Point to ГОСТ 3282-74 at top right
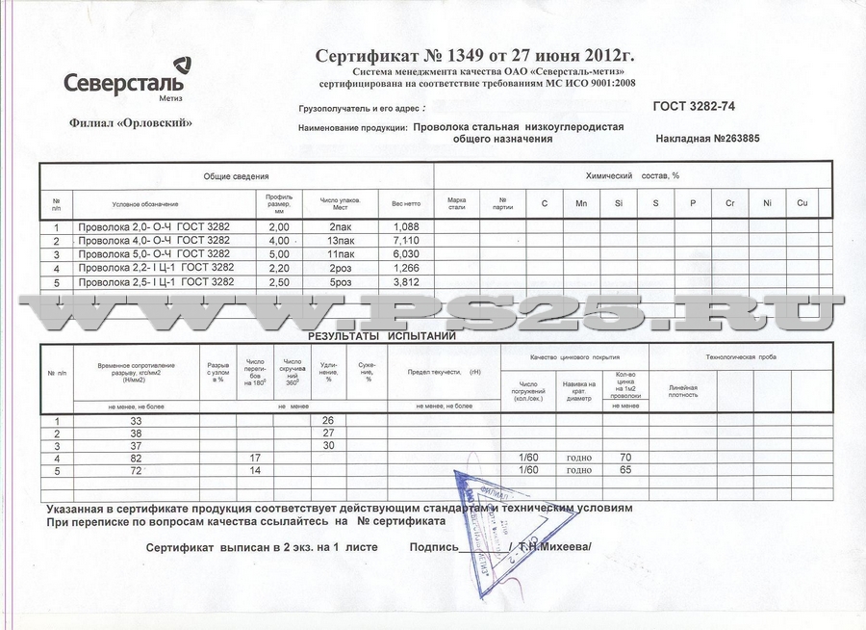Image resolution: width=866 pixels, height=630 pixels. point(700,107)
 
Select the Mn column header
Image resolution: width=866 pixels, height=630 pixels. point(581,203)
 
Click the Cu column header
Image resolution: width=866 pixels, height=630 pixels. point(802,203)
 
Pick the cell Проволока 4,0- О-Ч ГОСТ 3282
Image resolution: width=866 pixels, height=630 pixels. point(154,240)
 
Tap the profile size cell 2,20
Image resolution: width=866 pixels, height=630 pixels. point(279,268)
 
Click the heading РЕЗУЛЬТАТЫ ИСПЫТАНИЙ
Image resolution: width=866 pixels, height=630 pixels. point(382,336)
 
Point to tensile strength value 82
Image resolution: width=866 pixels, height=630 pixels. point(136,458)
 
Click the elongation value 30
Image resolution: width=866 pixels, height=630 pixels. point(327,445)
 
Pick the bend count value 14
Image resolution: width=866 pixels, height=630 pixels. point(255,471)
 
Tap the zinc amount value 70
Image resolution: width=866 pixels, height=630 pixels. point(624,458)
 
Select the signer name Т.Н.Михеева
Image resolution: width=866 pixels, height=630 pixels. point(553,546)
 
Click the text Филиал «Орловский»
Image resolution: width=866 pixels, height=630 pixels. point(131,122)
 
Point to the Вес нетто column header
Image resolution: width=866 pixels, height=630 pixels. point(405,204)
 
